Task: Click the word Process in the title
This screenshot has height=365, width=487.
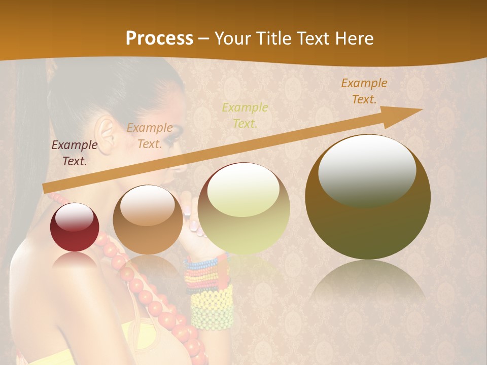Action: coord(159,38)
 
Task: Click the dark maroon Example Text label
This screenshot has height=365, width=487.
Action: coord(75,153)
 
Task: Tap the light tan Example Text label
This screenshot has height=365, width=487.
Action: coord(150,136)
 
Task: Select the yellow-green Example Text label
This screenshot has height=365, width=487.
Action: coord(245,115)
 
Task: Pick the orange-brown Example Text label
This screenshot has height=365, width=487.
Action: coord(364,91)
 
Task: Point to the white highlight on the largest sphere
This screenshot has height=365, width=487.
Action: coord(367,170)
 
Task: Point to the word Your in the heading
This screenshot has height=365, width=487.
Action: coord(234,38)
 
